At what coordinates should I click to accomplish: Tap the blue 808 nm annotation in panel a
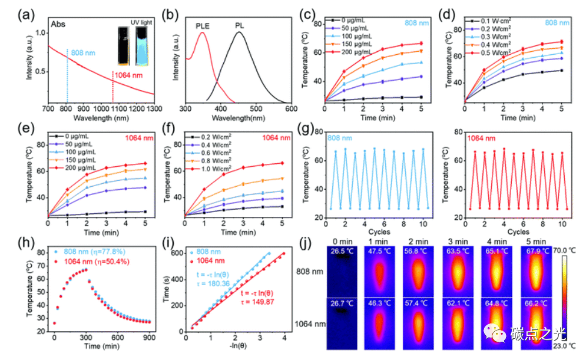point(82,53)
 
